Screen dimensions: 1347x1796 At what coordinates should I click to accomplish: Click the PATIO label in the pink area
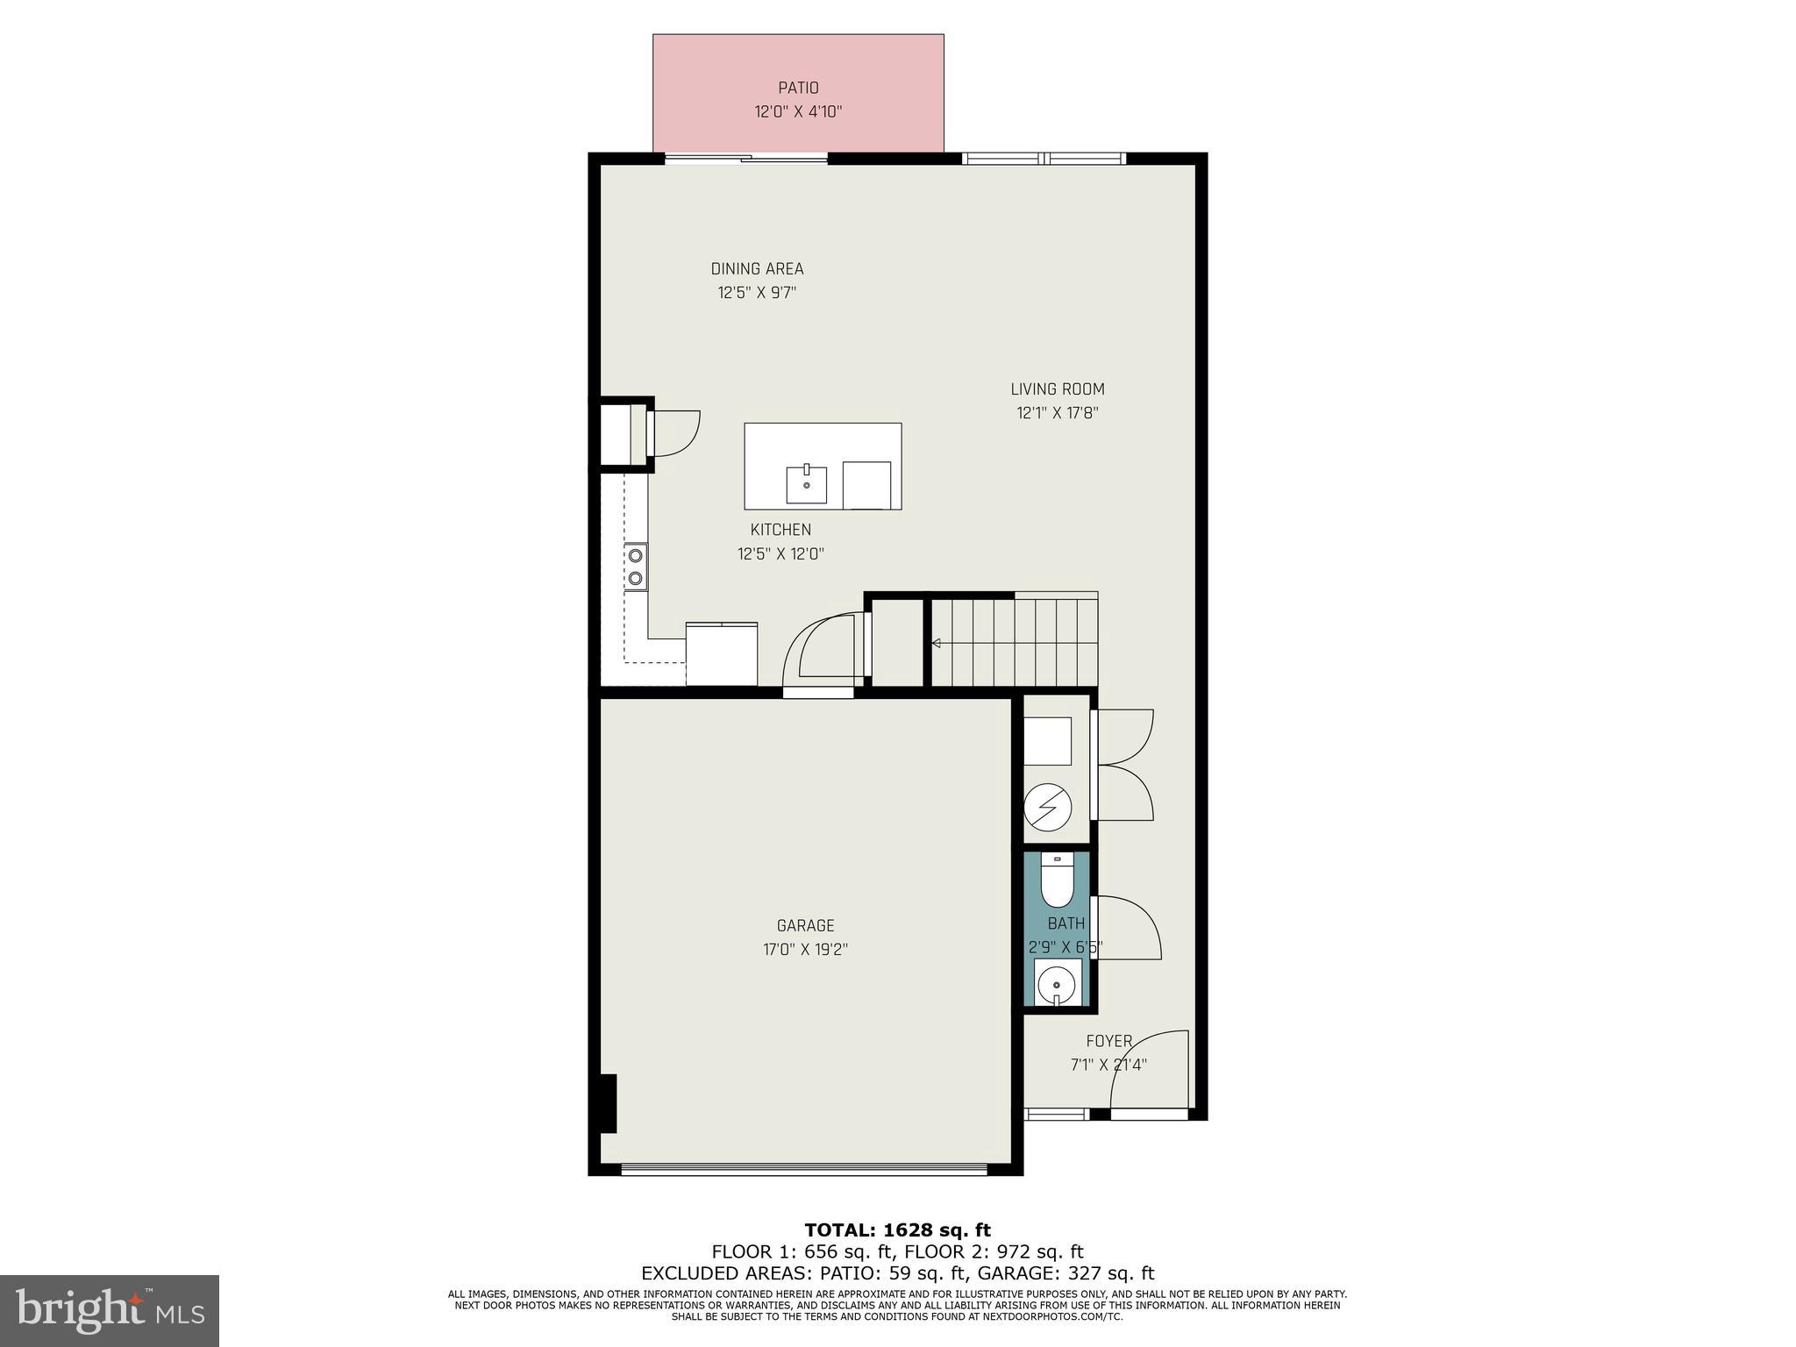(798, 88)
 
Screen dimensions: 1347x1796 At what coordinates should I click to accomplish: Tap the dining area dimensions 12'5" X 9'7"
(757, 293)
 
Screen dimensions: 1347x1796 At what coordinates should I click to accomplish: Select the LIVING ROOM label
(1057, 389)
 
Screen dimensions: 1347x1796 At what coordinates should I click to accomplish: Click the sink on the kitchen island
(806, 484)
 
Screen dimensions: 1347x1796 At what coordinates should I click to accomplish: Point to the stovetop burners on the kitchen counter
(635, 567)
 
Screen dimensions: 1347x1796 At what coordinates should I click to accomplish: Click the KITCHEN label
(780, 530)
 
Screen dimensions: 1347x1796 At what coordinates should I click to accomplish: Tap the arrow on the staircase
(936, 644)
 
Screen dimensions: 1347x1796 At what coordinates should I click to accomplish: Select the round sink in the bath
(1057, 983)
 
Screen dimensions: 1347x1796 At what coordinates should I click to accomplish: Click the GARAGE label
(805, 925)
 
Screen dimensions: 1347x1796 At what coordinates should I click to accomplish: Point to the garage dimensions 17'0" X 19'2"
(805, 949)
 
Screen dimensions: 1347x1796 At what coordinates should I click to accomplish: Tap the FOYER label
(1108, 1041)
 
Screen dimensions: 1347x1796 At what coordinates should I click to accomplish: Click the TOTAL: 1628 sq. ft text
(897, 1230)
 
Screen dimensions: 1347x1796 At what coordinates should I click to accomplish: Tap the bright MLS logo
(110, 1310)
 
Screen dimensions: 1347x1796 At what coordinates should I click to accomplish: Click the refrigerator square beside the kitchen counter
(722, 653)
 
